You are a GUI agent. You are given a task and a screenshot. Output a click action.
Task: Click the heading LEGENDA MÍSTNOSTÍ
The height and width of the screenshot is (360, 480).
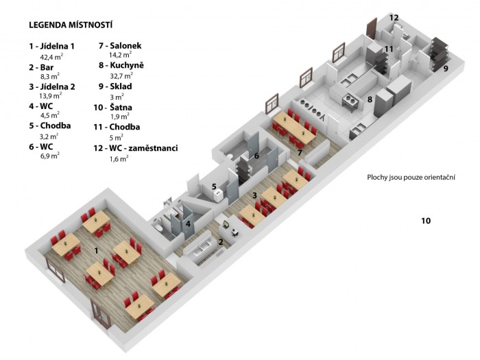pos(71,25)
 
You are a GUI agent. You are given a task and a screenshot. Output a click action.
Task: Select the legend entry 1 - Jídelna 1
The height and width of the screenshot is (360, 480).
pos(51,46)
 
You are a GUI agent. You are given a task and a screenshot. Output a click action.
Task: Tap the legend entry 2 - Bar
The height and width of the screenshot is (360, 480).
pos(41,67)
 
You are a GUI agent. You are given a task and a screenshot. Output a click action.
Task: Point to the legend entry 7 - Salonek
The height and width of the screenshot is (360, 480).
pos(120,46)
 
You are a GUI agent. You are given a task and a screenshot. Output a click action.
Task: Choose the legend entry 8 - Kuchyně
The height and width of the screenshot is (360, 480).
pos(121,65)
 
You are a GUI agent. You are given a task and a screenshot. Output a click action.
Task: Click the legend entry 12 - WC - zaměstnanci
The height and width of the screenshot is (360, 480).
pos(136,148)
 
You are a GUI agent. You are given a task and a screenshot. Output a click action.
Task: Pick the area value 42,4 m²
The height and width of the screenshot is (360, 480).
pos(51,57)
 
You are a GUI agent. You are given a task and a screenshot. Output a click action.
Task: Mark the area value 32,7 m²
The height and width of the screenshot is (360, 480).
pos(121,75)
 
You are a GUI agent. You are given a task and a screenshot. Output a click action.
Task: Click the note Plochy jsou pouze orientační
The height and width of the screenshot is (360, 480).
pos(411,177)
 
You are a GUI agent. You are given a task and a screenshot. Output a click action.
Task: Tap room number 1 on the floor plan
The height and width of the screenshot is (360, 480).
pos(96,251)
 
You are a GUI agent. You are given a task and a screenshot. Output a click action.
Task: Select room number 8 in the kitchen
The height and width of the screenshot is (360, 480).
pos(370,99)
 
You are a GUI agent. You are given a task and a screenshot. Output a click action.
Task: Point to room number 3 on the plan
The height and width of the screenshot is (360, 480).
pos(254,195)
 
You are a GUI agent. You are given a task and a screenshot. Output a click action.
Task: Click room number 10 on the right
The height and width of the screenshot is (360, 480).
pos(426,220)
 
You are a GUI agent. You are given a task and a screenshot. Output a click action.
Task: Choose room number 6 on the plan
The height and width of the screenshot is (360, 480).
pos(256,156)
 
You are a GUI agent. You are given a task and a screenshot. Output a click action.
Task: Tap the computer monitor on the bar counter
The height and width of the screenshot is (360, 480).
pos(226,224)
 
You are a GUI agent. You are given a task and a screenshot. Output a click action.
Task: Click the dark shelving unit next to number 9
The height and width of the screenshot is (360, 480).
pos(440,54)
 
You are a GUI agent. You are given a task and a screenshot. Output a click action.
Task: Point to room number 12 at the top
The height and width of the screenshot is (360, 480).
pos(394,17)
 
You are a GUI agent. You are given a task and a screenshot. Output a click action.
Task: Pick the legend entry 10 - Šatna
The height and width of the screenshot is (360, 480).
pos(113,108)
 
